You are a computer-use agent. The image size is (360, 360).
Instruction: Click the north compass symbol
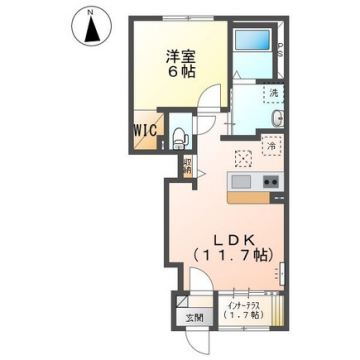[91, 27]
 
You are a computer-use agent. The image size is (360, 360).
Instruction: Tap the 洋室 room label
[176, 58]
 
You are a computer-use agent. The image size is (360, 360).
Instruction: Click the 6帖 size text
[176, 75]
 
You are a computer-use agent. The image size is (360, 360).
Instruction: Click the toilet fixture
[180, 136]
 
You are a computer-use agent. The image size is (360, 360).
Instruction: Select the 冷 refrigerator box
[271, 147]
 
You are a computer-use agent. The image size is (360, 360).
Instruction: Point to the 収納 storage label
[187, 165]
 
